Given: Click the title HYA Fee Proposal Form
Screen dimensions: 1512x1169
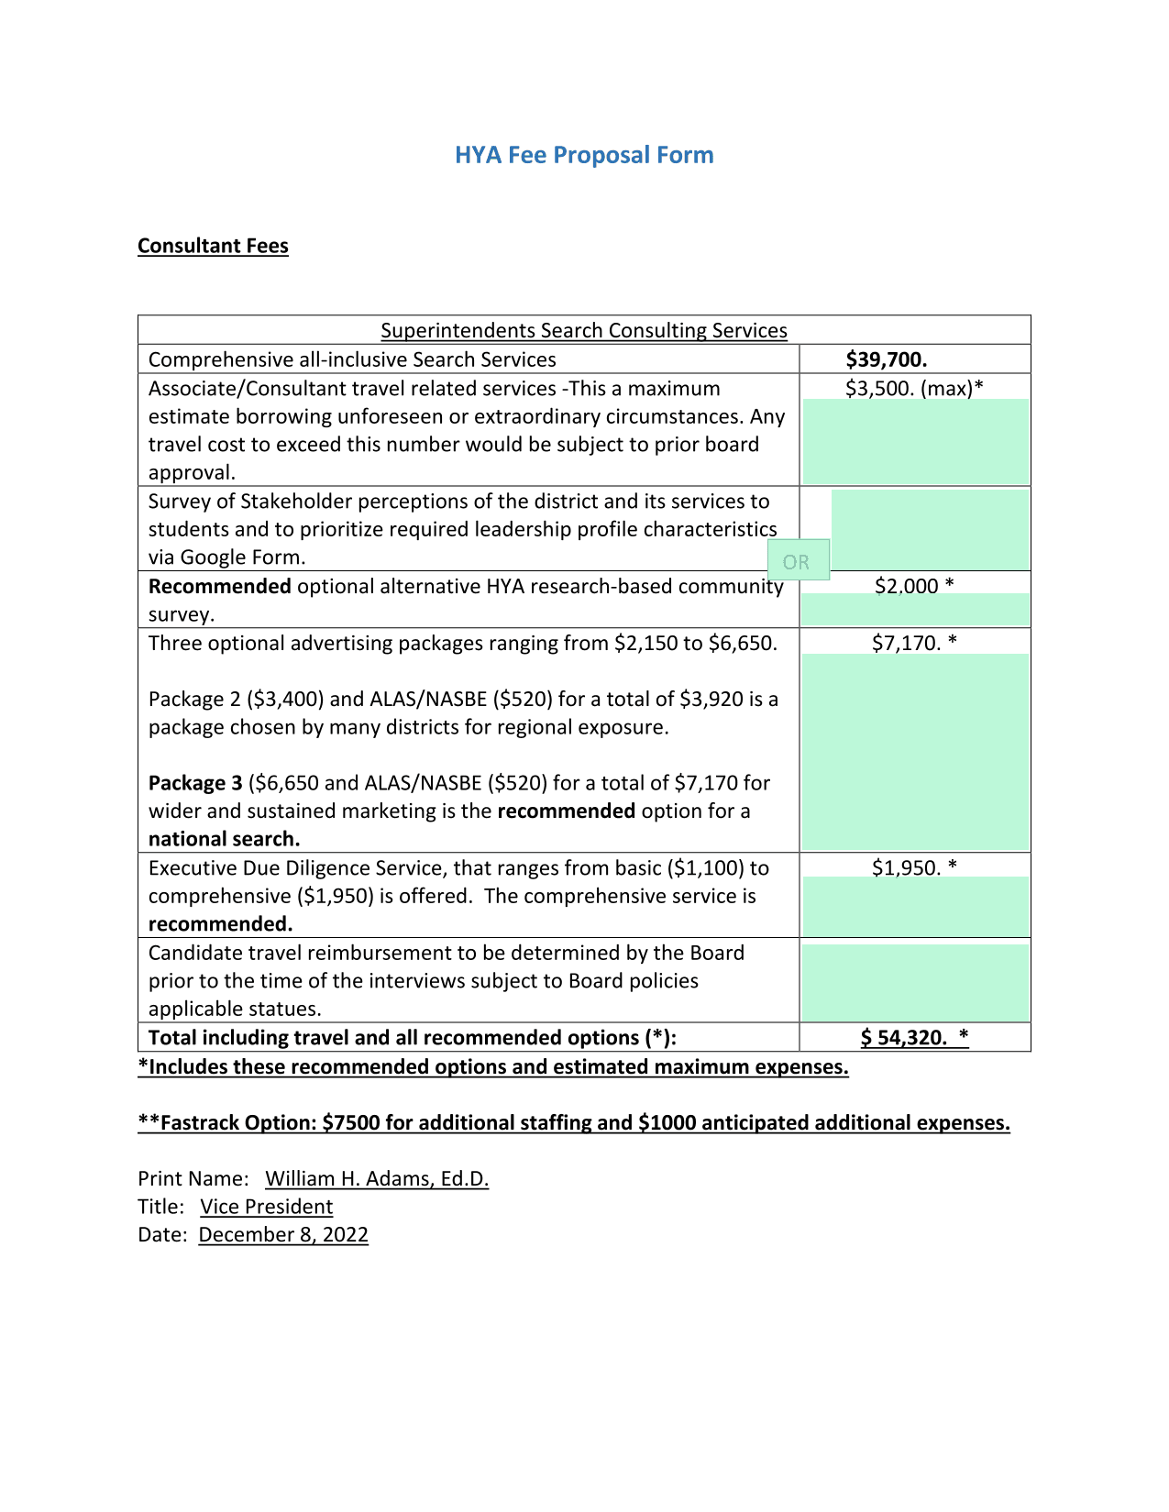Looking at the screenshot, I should [x=584, y=155].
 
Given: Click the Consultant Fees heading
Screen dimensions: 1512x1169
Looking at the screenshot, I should [x=213, y=246].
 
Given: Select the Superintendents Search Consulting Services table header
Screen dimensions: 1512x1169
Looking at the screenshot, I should [x=583, y=330].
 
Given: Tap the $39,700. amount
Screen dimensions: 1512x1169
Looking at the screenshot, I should [x=886, y=359].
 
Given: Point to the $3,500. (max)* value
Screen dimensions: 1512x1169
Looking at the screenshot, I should [x=913, y=388].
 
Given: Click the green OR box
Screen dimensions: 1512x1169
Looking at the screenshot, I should [x=797, y=561].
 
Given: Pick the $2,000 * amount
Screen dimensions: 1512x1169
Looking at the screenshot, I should [x=913, y=586].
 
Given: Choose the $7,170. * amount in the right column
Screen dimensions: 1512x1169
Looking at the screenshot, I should [x=913, y=643].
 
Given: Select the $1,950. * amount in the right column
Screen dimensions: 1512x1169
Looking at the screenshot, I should [x=913, y=867].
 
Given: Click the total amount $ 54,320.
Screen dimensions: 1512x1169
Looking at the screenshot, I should [x=913, y=1037].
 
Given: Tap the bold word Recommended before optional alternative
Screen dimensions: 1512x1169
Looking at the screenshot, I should [x=220, y=586].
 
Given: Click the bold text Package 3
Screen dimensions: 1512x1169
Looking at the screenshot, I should [x=195, y=783].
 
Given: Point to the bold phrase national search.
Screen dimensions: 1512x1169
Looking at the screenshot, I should [x=225, y=839].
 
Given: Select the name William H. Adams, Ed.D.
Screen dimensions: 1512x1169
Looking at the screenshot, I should [x=377, y=1178].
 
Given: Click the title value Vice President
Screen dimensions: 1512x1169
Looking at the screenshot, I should [x=267, y=1207].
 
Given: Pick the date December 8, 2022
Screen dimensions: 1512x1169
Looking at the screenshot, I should [x=283, y=1234].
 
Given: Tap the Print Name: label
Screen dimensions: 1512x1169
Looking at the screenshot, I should [x=193, y=1178].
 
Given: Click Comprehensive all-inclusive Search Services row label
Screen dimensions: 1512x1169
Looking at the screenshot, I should [x=352, y=359].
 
